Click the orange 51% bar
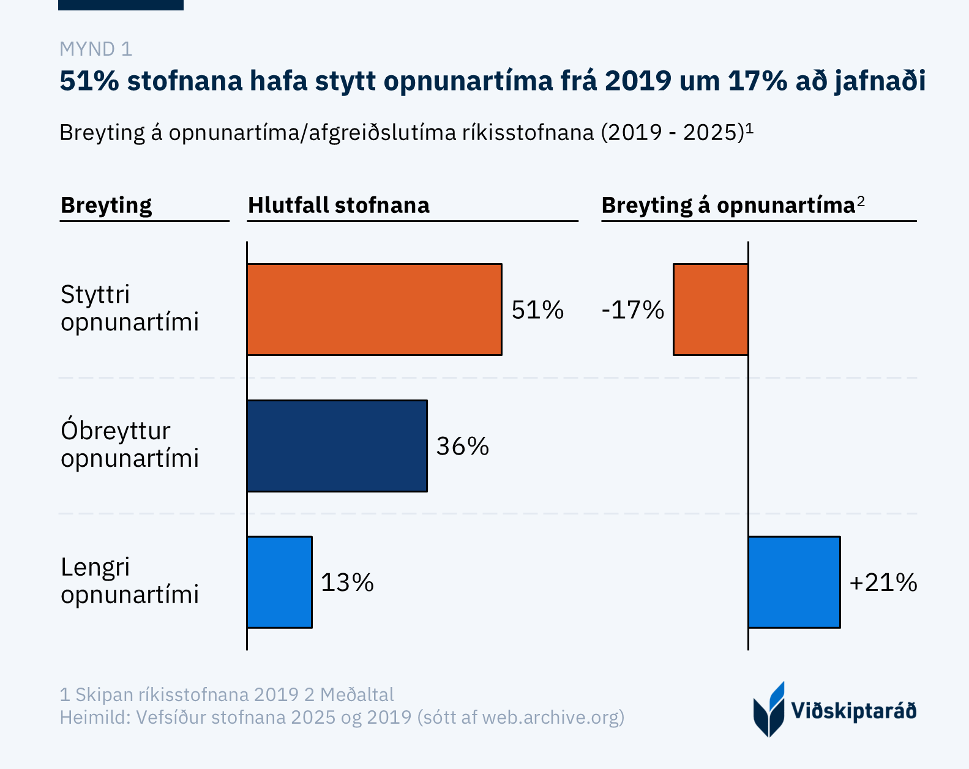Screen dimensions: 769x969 pyautogui.click(x=374, y=310)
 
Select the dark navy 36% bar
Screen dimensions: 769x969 pyautogui.click(x=337, y=446)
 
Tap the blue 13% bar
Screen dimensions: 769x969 pyautogui.click(x=279, y=582)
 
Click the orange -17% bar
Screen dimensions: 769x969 pyautogui.click(x=710, y=310)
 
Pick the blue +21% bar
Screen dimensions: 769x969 pyautogui.click(x=794, y=582)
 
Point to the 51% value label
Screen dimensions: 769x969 pyautogui.click(x=537, y=310)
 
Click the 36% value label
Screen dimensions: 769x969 pyautogui.click(x=462, y=447)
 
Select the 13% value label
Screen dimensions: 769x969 pyautogui.click(x=347, y=582)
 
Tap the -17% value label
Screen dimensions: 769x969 pyautogui.click(x=633, y=310)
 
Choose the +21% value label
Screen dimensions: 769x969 pyautogui.click(x=883, y=582)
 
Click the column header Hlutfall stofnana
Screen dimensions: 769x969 pyautogui.click(x=339, y=206)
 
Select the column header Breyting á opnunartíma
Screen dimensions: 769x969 pyautogui.click(x=728, y=206)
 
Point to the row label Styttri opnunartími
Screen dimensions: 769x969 pyautogui.click(x=130, y=308)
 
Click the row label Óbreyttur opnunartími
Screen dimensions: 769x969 pyautogui.click(x=130, y=444)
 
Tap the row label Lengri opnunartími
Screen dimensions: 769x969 pyautogui.click(x=130, y=581)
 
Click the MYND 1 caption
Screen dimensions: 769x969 pyautogui.click(x=95, y=49)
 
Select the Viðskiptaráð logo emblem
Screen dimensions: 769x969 pyautogui.click(x=769, y=710)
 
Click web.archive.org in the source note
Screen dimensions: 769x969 pyautogui.click(x=551, y=717)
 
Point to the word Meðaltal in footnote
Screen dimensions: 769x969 pyautogui.click(x=357, y=695)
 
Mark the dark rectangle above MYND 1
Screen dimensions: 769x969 pyautogui.click(x=121, y=5)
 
